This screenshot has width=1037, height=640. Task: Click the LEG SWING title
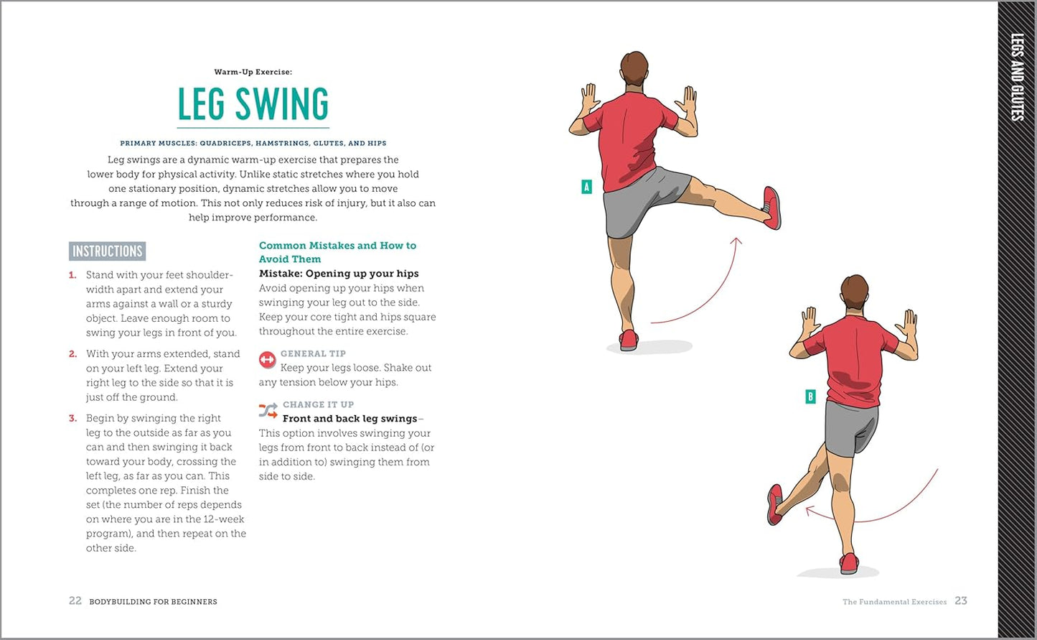pyautogui.click(x=253, y=103)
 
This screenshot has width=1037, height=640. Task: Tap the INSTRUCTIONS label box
pyautogui.click(x=108, y=251)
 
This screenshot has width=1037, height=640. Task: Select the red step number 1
pyautogui.click(x=72, y=275)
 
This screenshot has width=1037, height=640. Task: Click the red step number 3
pyautogui.click(x=72, y=419)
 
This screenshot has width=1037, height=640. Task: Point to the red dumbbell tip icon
pyautogui.click(x=267, y=360)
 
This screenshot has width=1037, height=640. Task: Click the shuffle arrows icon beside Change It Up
pyautogui.click(x=268, y=411)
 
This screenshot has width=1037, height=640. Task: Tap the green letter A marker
pyautogui.click(x=586, y=187)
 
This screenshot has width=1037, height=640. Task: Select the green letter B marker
pyautogui.click(x=810, y=396)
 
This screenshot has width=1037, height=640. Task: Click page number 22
pyautogui.click(x=75, y=601)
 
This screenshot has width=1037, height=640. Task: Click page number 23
pyautogui.click(x=961, y=601)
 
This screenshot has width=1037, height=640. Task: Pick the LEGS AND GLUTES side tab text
pyautogui.click(x=1017, y=78)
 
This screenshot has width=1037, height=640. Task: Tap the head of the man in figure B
pyautogui.click(x=855, y=292)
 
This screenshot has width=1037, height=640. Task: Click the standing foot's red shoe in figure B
pyautogui.click(x=849, y=564)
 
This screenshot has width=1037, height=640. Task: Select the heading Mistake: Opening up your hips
pyautogui.click(x=339, y=274)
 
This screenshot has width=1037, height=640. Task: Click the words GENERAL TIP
pyautogui.click(x=313, y=353)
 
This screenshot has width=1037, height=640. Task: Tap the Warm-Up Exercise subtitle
pyautogui.click(x=253, y=72)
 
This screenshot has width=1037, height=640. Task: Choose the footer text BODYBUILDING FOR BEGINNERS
pyautogui.click(x=154, y=601)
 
